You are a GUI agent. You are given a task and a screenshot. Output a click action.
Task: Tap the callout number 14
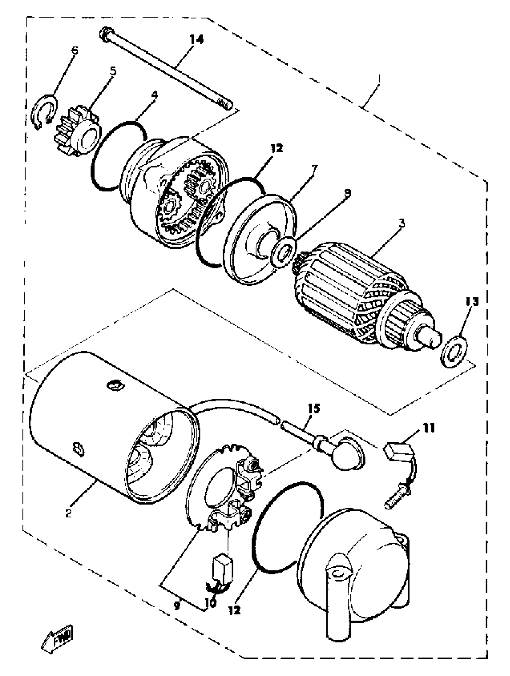[196, 40]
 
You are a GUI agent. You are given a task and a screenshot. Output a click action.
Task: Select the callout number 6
[74, 50]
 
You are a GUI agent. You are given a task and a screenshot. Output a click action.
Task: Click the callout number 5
[113, 71]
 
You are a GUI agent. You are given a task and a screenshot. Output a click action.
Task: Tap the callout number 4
[155, 95]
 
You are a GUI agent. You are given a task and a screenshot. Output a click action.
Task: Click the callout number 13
[471, 302]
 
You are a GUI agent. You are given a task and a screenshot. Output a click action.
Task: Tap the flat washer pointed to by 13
[454, 351]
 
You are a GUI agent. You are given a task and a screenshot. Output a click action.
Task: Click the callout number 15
[314, 409]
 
